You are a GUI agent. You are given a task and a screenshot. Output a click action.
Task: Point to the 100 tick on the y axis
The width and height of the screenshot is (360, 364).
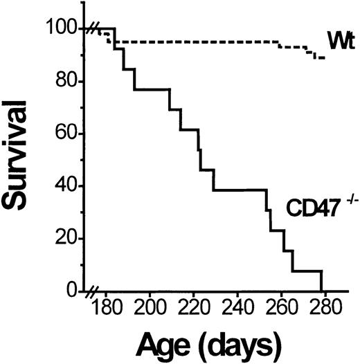pyautogui.click(x=69, y=29)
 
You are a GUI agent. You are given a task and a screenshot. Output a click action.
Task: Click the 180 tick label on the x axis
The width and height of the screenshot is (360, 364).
pyautogui.click(x=105, y=308)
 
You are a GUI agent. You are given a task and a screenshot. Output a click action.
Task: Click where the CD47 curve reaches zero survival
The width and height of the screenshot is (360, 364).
pyautogui.click(x=322, y=291)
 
